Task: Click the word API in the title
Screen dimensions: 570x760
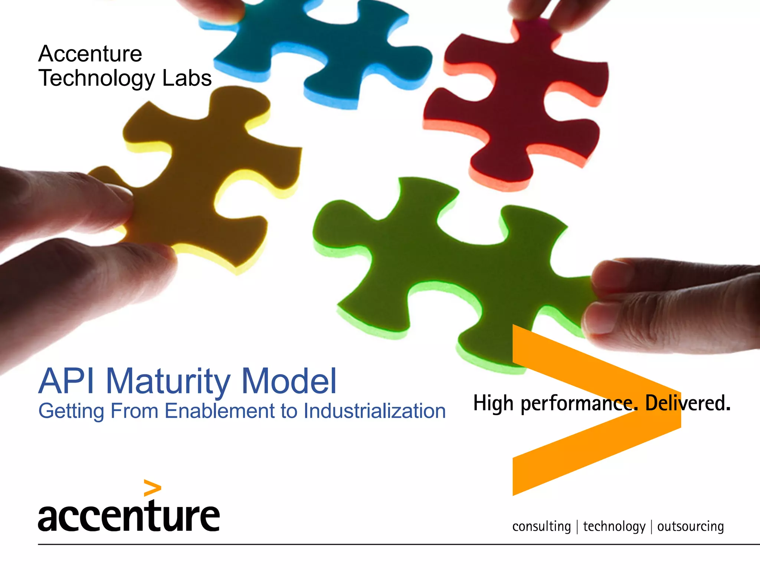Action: point(67,381)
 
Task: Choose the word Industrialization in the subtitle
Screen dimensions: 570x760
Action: point(374,411)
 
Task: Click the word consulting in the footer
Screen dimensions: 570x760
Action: point(541,527)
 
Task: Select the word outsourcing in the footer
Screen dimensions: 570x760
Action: point(690,526)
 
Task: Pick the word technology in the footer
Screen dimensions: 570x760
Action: point(614,527)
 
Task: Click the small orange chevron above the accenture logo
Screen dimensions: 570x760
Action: point(152,488)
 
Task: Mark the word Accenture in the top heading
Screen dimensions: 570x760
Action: point(90,54)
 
